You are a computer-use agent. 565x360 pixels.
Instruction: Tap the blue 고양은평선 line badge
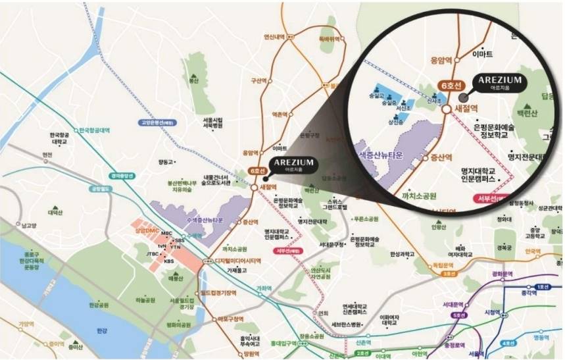click(x=155, y=122)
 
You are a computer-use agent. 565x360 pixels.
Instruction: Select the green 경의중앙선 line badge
click(x=123, y=176)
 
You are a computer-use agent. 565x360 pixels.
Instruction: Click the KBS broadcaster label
click(x=169, y=261)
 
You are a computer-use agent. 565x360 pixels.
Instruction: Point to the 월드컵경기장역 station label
click(x=218, y=293)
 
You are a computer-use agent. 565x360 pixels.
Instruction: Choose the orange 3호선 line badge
click(x=449, y=274)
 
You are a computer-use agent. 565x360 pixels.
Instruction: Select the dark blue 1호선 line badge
click(x=543, y=287)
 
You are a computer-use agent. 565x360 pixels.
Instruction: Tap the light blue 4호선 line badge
click(x=507, y=343)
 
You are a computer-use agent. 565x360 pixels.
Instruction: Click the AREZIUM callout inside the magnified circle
click(x=500, y=82)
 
